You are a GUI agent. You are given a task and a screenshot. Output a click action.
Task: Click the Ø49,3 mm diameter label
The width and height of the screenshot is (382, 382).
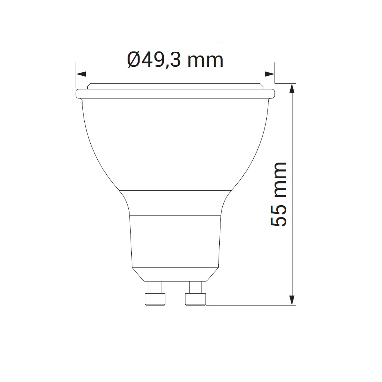pos(175,60)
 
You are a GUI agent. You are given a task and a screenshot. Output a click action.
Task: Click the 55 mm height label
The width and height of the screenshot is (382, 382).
pos(279,194)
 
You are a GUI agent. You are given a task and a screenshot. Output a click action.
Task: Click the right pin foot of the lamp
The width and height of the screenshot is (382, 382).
pos(195,299)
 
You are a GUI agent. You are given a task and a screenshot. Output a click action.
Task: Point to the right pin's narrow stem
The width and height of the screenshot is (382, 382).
pos(195,287)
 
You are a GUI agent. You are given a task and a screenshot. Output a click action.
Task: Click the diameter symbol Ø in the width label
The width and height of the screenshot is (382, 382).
pos(134,60)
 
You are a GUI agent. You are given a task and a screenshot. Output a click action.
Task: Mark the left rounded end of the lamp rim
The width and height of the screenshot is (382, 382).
pos(78,93)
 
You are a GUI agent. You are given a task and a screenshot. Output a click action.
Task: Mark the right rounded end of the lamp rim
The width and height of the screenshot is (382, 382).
pos(273,93)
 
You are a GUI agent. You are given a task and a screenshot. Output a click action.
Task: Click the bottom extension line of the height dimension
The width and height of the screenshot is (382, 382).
pos(250,306)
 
